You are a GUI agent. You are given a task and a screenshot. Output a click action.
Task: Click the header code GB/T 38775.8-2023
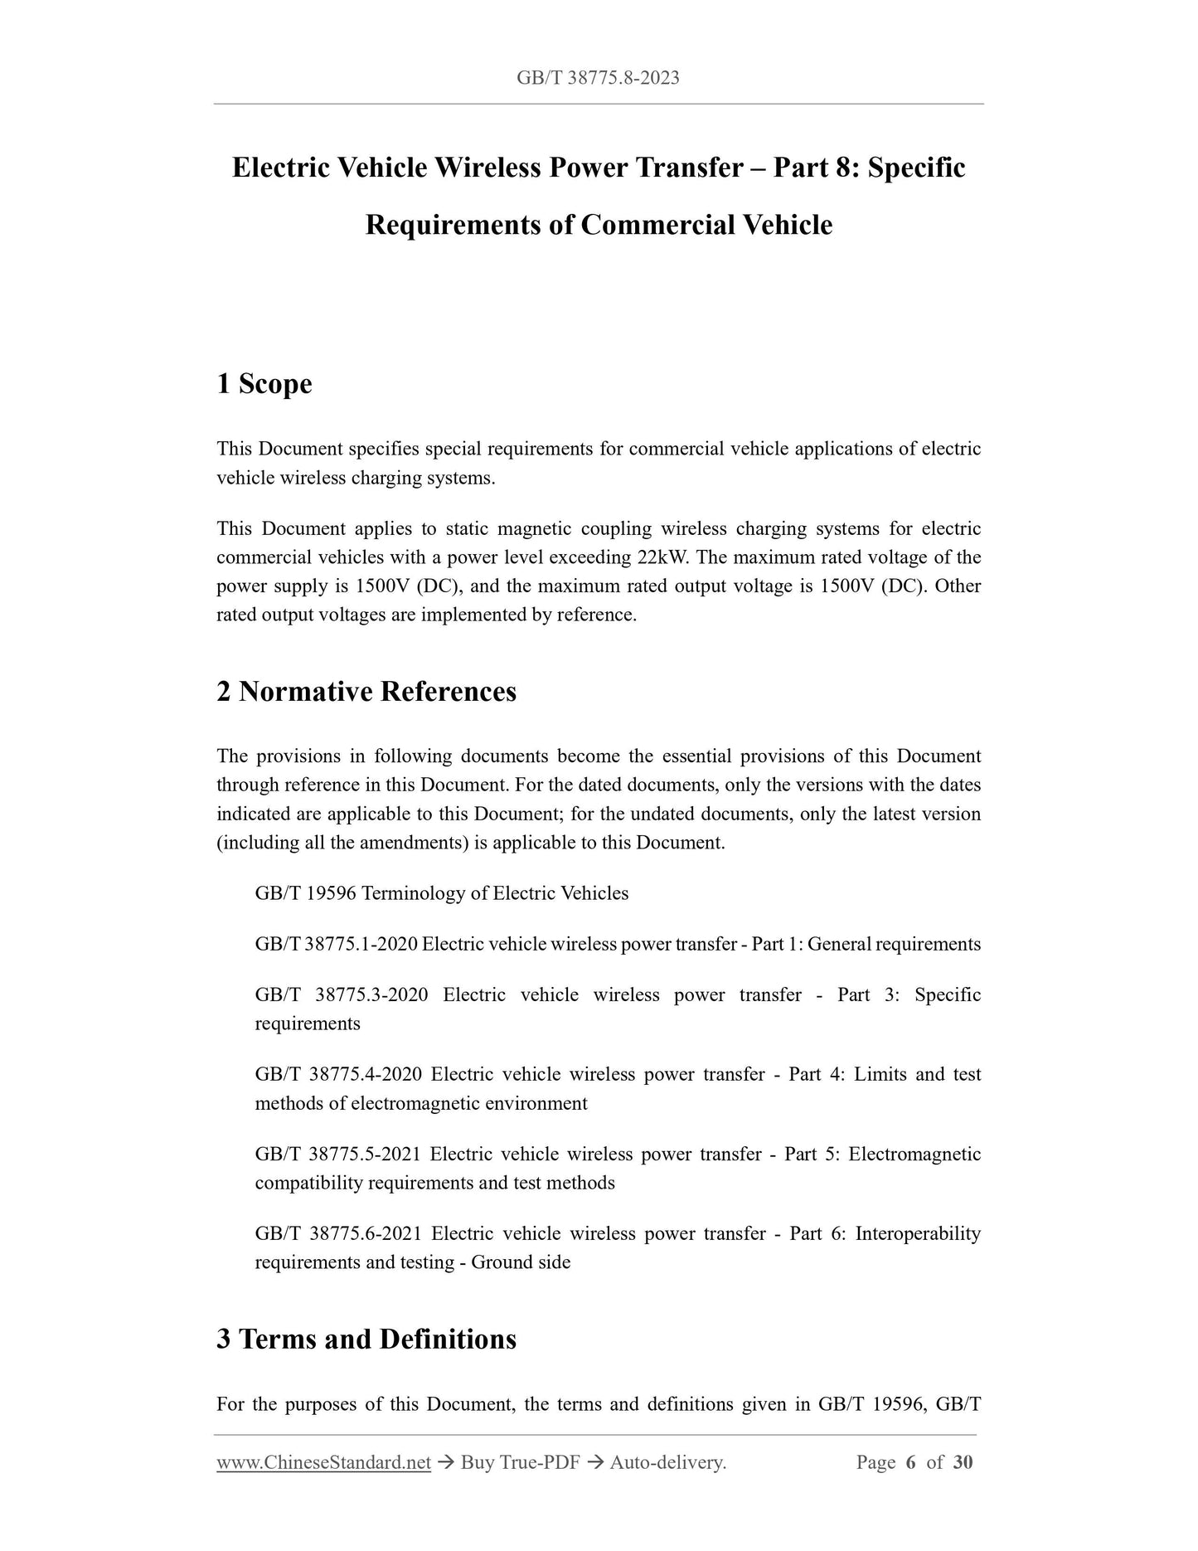pos(598,78)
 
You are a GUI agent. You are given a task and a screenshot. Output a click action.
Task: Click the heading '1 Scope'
pos(264,384)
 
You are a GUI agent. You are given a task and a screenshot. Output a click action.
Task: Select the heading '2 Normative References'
pos(366,691)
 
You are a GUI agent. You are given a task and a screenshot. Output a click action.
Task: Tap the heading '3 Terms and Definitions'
pos(366,1339)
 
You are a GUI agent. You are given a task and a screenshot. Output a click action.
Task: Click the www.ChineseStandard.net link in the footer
pos(323,1462)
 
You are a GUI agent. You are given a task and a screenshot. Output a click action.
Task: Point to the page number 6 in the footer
pos(910,1462)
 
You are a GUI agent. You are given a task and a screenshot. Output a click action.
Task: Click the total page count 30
pos(963,1462)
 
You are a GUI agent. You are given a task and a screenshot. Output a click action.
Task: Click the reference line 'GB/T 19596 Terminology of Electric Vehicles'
pos(442,893)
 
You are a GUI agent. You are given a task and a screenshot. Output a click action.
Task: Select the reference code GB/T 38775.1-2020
pos(336,944)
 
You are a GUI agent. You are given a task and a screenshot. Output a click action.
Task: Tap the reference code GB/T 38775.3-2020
pos(342,994)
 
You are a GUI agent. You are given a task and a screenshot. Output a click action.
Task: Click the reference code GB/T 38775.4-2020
pos(339,1074)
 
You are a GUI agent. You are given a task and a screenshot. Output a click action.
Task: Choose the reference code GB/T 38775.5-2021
pos(339,1154)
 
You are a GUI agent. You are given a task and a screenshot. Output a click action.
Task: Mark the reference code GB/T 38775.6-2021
pos(339,1233)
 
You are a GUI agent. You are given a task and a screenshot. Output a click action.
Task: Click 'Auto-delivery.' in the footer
pos(668,1462)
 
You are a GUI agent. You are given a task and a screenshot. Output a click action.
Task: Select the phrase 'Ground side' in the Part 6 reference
pos(521,1262)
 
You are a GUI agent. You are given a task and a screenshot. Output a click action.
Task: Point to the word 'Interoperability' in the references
pos(918,1233)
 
